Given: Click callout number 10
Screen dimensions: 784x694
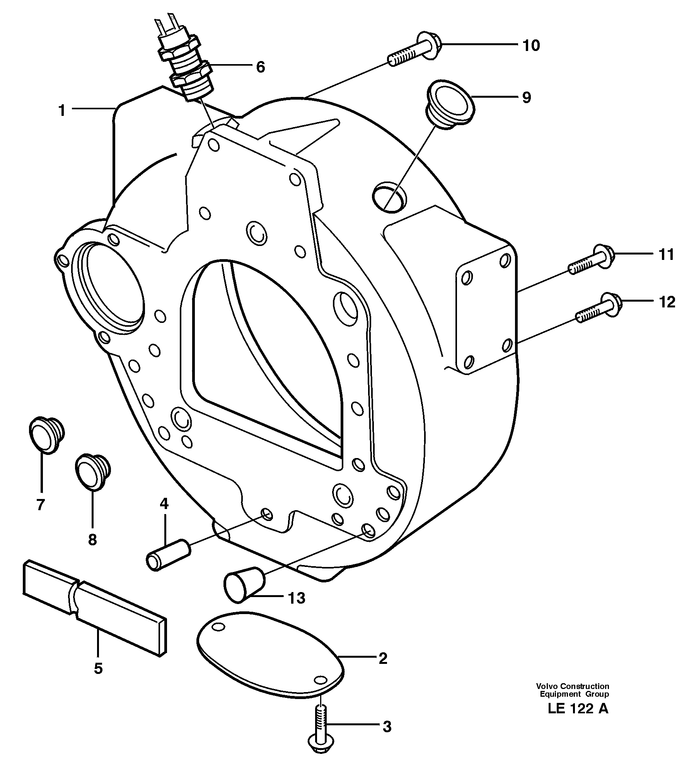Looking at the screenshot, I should [531, 46].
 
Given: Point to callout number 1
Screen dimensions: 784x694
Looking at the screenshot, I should [62, 111].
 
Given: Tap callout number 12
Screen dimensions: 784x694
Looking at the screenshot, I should [667, 302].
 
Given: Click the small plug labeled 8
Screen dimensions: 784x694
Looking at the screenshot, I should [93, 472].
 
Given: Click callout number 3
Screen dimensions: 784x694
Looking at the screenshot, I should [387, 727].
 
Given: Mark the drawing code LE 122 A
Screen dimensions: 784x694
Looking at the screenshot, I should [578, 709].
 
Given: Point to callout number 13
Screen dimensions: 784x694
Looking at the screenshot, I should [297, 598].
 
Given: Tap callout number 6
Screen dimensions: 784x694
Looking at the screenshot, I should [261, 67].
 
